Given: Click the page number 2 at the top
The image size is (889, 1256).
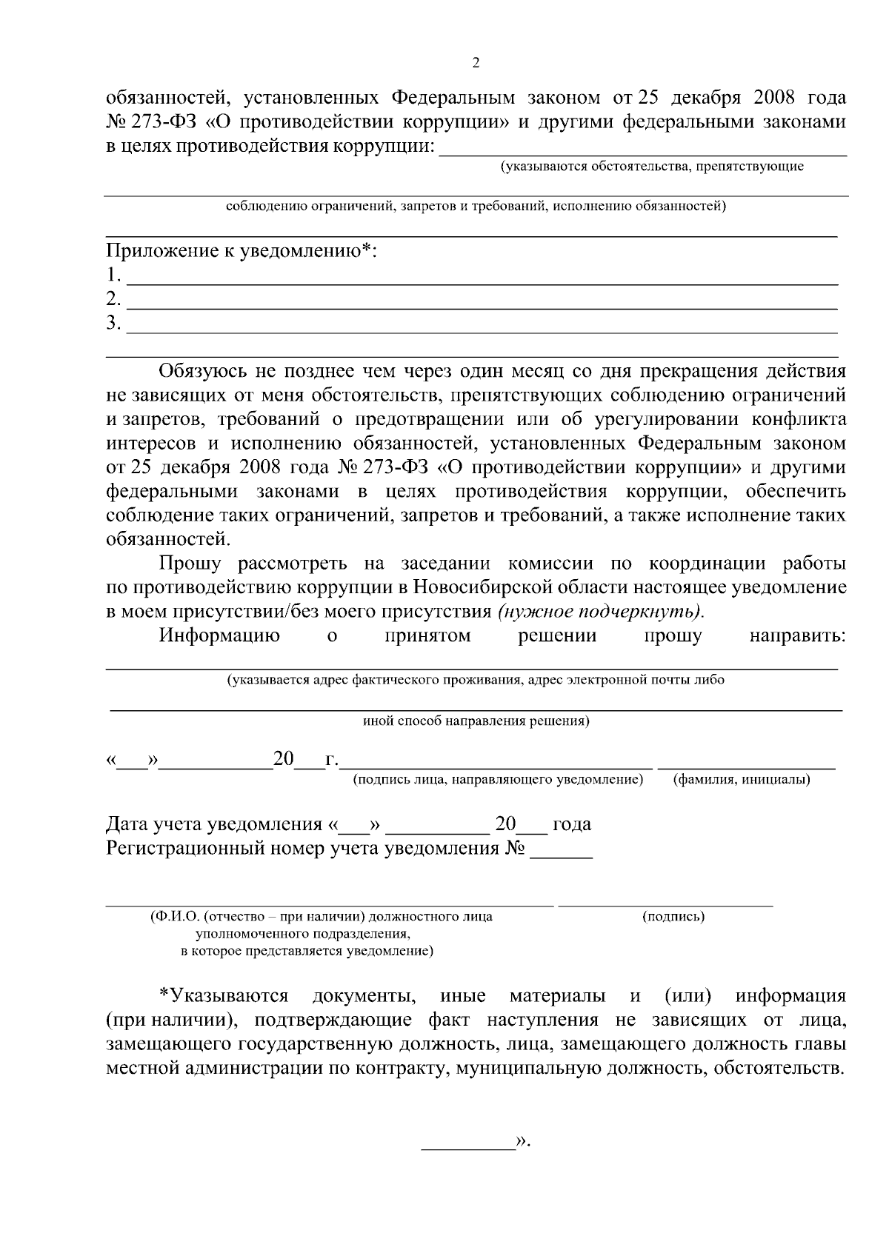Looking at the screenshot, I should click(x=476, y=63).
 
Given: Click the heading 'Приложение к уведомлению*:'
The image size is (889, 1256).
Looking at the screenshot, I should click(x=242, y=251).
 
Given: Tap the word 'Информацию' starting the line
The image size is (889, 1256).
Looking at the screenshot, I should click(x=219, y=636).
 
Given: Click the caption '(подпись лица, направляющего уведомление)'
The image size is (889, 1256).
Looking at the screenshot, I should click(x=497, y=779).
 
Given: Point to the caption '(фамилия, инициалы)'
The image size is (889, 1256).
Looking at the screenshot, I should click(x=741, y=779).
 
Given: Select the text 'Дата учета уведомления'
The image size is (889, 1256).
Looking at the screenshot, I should click(x=214, y=824).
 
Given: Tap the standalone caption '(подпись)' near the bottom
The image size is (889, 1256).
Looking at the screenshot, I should click(x=673, y=917).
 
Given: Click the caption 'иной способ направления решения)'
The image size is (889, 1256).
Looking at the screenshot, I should click(x=476, y=721).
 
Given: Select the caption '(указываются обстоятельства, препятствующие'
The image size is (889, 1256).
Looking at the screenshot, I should click(x=652, y=167).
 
